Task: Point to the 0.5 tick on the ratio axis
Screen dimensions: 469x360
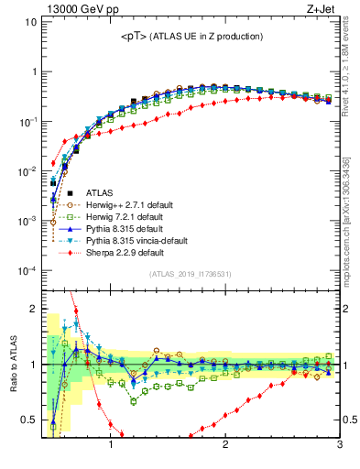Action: (29, 420)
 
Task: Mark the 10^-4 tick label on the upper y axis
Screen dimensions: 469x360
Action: (27, 271)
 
